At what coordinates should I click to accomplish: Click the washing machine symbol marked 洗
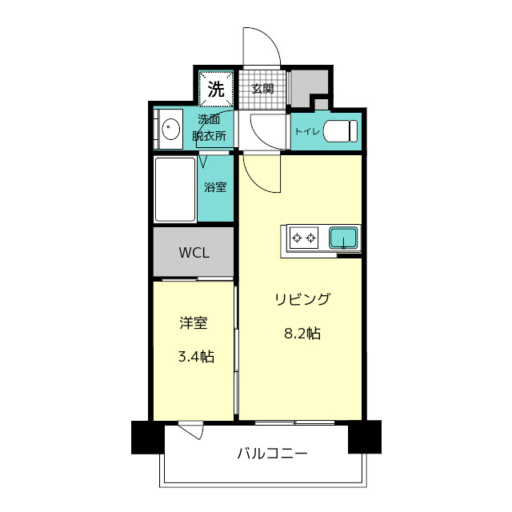click(216, 89)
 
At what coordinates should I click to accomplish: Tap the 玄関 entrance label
click(262, 89)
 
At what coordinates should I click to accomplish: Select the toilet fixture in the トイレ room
click(340, 131)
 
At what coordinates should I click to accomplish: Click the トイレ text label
click(306, 131)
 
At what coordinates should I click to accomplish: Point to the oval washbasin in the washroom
click(171, 129)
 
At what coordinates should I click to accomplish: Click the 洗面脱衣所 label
click(209, 128)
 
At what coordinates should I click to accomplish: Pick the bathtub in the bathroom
click(175, 189)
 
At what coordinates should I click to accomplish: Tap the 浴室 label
click(215, 187)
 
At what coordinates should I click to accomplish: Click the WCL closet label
click(194, 253)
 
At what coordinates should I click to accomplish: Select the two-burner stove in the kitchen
click(304, 238)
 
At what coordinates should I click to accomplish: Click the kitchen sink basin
click(343, 238)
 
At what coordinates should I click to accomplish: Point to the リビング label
click(302, 299)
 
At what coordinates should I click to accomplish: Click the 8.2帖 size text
click(302, 334)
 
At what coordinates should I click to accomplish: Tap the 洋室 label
click(194, 322)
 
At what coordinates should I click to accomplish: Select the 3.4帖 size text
click(196, 357)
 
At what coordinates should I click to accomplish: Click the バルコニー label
click(272, 454)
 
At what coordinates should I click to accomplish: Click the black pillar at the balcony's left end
click(148, 438)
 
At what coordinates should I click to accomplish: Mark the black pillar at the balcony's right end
click(365, 437)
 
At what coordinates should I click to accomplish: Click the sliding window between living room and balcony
click(294, 422)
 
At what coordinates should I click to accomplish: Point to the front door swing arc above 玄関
click(270, 38)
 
